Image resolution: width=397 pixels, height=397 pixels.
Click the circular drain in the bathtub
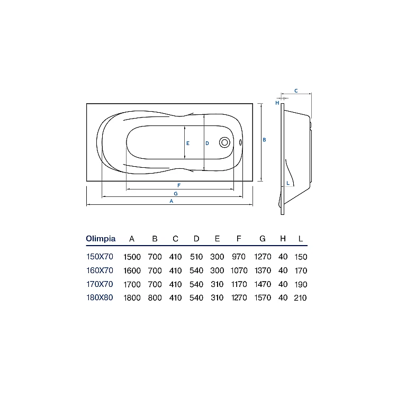click(224, 142)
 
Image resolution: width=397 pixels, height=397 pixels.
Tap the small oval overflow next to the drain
click(240, 142)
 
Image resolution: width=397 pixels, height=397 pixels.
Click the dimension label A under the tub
click(172, 201)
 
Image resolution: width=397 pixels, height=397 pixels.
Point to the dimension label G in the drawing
click(176, 194)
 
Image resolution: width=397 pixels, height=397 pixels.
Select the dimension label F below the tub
click(179, 186)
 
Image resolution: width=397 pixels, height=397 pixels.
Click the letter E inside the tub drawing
click(188, 143)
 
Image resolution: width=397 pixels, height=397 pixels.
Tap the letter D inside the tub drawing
click(207, 143)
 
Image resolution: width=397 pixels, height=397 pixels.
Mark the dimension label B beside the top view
click(264, 140)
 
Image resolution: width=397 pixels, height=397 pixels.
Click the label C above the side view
click(296, 91)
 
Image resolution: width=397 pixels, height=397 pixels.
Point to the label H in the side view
click(277, 103)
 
